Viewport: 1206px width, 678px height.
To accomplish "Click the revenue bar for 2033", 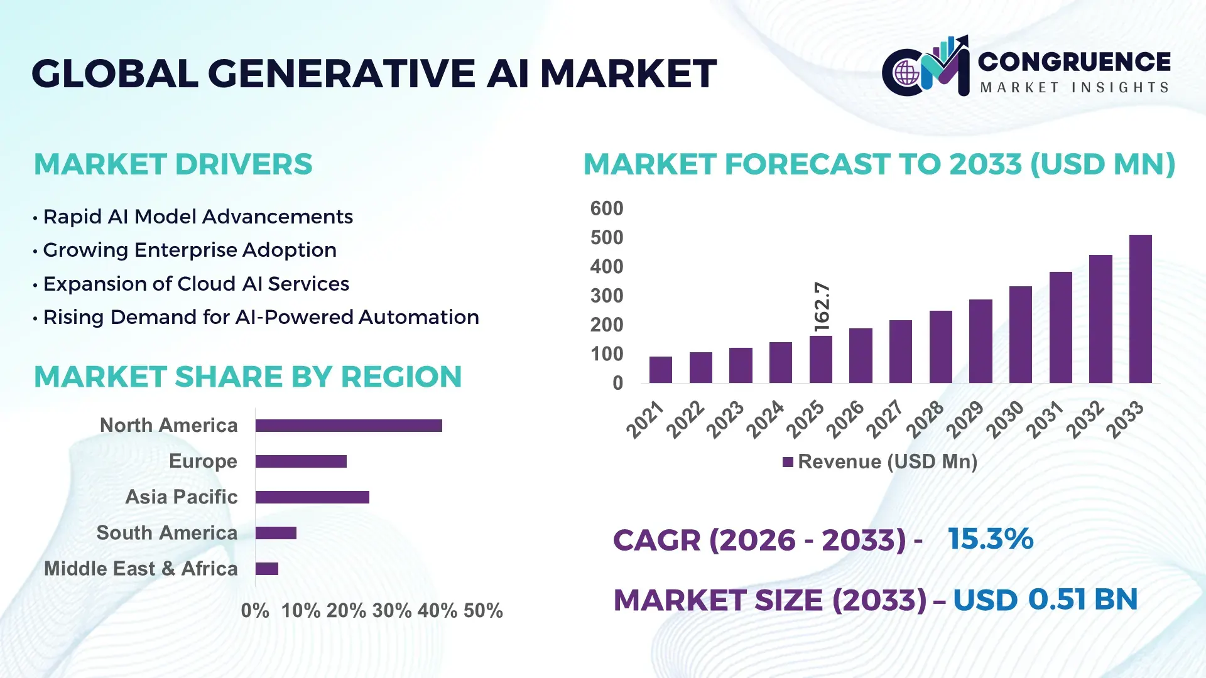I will click(1140, 309).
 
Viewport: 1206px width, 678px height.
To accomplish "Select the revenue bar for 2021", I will click(660, 370).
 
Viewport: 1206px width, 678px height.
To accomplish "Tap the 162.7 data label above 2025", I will click(822, 307).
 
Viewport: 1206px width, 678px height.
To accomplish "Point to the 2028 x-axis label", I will click(925, 419).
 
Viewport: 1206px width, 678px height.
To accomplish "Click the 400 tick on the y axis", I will click(606, 267).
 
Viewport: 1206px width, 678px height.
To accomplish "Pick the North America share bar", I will click(349, 426).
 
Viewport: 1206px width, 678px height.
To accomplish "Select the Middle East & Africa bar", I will click(266, 569).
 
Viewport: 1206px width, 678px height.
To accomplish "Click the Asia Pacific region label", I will click(181, 497).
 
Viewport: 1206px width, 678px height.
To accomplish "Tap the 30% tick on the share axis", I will click(392, 611).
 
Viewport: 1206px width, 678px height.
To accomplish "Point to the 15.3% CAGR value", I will click(991, 539).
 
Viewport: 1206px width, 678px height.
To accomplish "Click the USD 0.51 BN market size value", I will click(1045, 600).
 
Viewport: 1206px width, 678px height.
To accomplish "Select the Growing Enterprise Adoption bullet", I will click(189, 250).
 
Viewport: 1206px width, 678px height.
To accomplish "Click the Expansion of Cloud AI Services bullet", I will click(195, 284).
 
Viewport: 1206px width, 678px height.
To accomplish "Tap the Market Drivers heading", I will click(173, 164).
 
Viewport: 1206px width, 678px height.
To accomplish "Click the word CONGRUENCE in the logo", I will click(1074, 62).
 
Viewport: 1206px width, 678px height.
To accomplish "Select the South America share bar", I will click(276, 533).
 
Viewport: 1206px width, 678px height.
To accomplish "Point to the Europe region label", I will click(203, 461).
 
